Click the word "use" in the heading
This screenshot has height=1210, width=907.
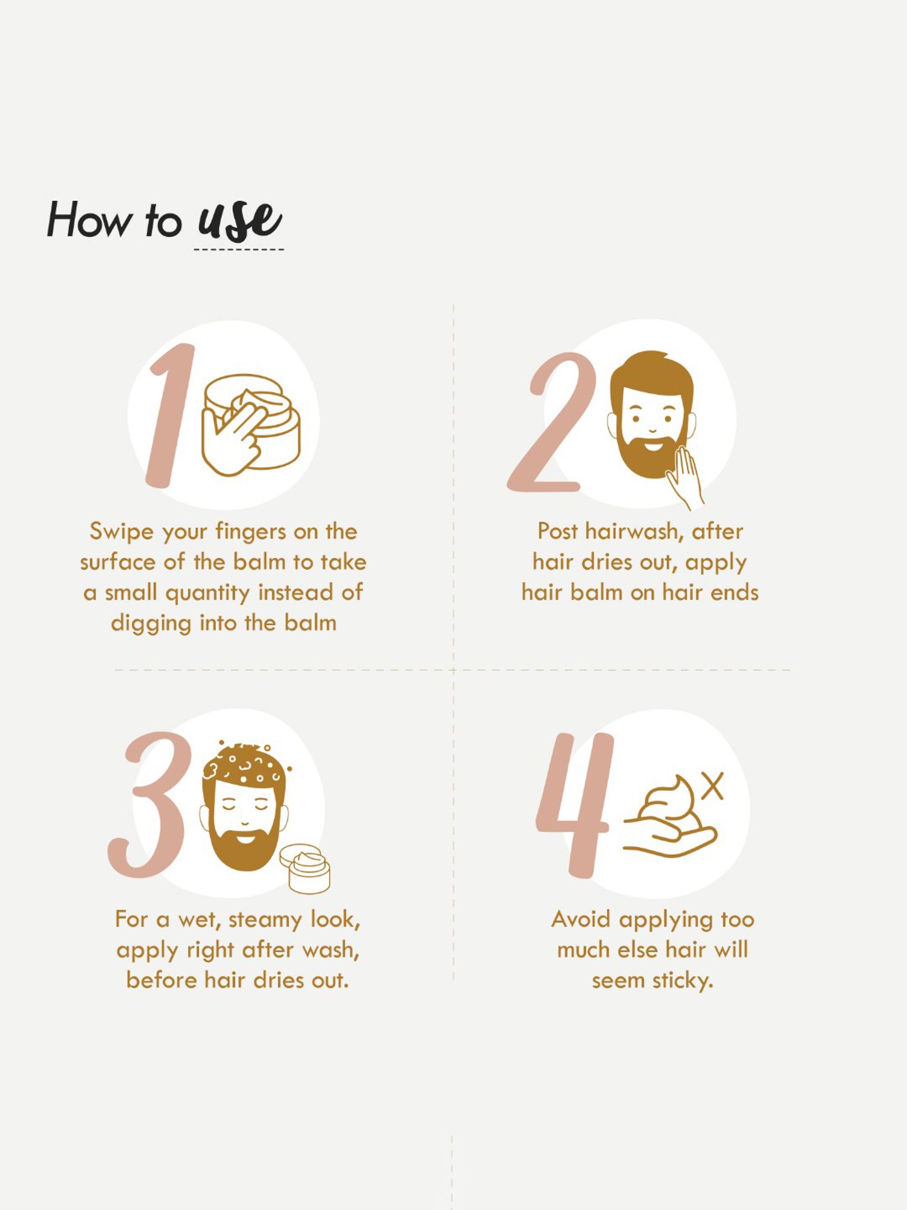pyautogui.click(x=240, y=221)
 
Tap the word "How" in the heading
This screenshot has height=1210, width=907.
pyautogui.click(x=89, y=219)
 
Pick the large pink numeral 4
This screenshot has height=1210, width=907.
pyautogui.click(x=575, y=805)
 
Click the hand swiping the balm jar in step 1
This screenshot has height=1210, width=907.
pyautogui.click(x=233, y=439)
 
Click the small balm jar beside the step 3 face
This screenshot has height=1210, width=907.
pyautogui.click(x=306, y=869)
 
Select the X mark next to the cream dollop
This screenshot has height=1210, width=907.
pyautogui.click(x=713, y=786)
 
